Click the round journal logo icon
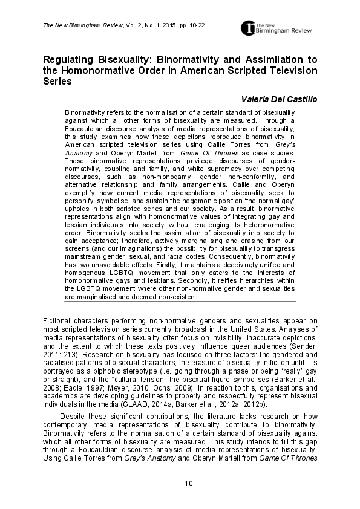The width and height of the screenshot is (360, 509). coord(248,28)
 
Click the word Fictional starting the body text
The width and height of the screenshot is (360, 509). coord(58,320)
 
